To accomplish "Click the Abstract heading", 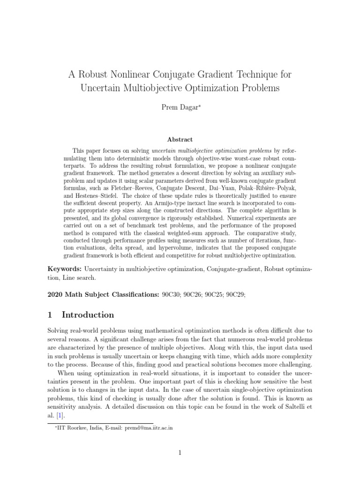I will click(180, 139).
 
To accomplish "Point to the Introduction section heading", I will click(88, 315).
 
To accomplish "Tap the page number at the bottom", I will click(180, 452).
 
